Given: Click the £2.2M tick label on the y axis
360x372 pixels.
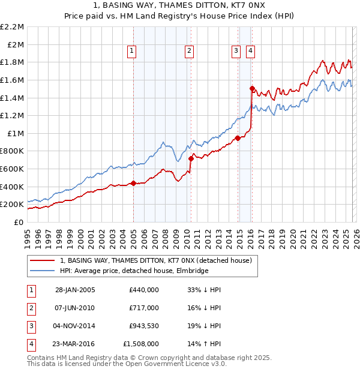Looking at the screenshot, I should point(12,27).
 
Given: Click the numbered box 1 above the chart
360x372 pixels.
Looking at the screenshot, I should point(131,52).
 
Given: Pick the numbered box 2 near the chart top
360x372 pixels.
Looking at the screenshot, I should point(189,52).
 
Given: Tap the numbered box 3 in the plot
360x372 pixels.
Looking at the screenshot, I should point(236,52).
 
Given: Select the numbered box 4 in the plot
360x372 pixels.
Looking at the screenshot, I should point(250,52).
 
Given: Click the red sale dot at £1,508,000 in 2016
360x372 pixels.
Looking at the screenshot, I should point(252,88).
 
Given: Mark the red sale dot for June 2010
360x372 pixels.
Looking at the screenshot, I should point(191,158).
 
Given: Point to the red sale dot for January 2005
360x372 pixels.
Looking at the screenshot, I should point(134,183).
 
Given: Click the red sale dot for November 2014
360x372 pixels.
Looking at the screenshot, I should point(238,138).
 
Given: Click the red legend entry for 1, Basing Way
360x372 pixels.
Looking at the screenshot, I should point(159,260).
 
